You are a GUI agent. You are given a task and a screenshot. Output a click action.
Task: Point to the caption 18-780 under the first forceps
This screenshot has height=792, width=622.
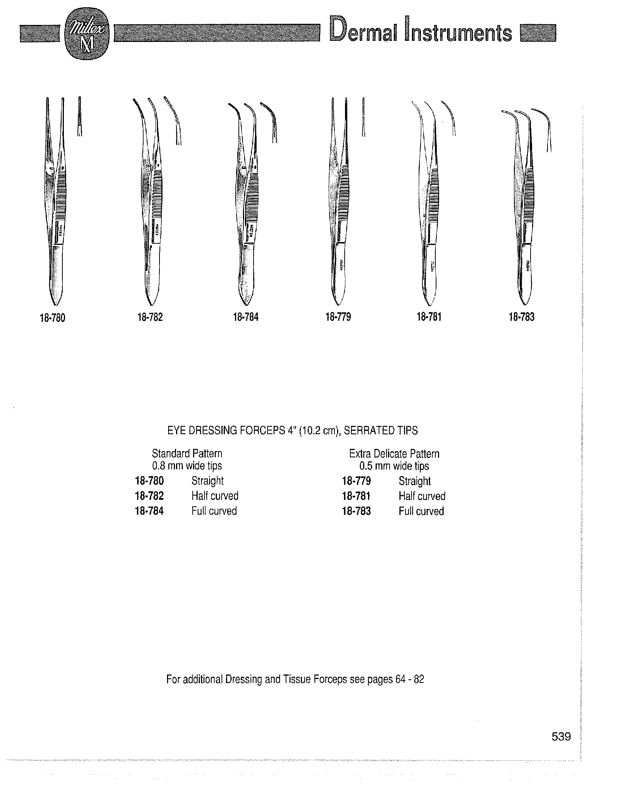coord(53,318)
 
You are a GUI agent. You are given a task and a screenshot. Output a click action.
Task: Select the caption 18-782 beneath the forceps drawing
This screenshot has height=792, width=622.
coord(150,317)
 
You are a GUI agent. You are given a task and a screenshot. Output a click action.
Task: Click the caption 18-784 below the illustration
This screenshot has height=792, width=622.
coord(246,317)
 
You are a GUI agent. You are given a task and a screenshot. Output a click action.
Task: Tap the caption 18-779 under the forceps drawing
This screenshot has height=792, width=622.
coord(338,317)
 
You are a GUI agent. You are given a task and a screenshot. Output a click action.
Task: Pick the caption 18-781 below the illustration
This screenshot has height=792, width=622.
coord(429,317)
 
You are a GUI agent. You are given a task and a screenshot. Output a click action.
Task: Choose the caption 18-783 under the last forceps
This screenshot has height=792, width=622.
coord(521,317)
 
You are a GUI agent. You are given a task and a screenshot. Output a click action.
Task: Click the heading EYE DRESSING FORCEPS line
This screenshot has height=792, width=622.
coord(292,431)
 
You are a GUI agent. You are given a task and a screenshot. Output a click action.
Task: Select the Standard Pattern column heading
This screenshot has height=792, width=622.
coord(187,453)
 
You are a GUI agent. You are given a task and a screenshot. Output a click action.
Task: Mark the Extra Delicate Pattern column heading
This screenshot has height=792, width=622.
coord(394,454)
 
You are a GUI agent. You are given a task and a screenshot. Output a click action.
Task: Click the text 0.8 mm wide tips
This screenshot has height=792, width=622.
coord(187,466)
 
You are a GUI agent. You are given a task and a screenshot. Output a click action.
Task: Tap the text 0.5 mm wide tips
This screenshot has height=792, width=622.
coord(394,466)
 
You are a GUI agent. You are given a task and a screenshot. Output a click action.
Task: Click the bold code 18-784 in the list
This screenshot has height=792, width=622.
coord(149,511)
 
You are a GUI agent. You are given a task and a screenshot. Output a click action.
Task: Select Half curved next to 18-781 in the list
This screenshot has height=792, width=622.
coord(422,496)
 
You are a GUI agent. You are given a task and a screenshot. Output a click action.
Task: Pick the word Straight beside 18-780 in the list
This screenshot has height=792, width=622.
coord(207,481)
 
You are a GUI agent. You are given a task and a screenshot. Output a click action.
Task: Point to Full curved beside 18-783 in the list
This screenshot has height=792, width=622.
coord(421,511)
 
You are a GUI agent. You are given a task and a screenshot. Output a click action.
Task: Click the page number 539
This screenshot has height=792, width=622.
coord(561,737)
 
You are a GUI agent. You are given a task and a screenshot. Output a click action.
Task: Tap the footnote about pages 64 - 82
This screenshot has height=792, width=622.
coord(295,679)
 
